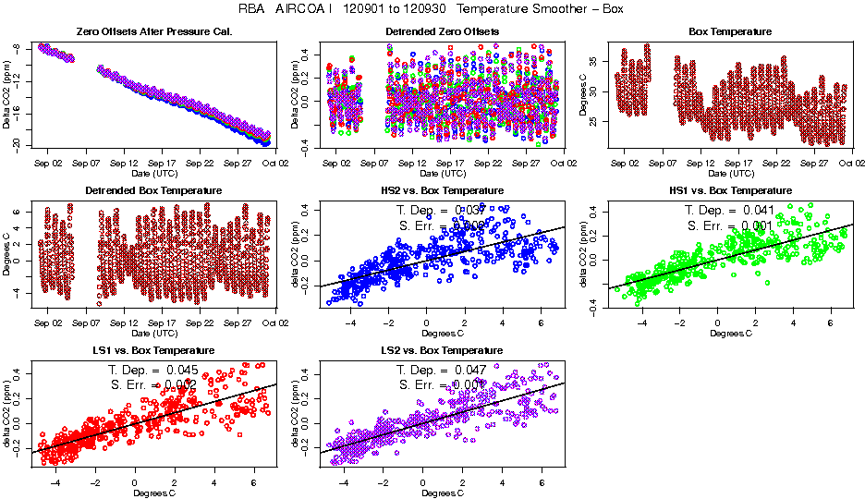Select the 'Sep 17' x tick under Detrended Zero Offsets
pyautogui.click(x=449, y=164)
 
